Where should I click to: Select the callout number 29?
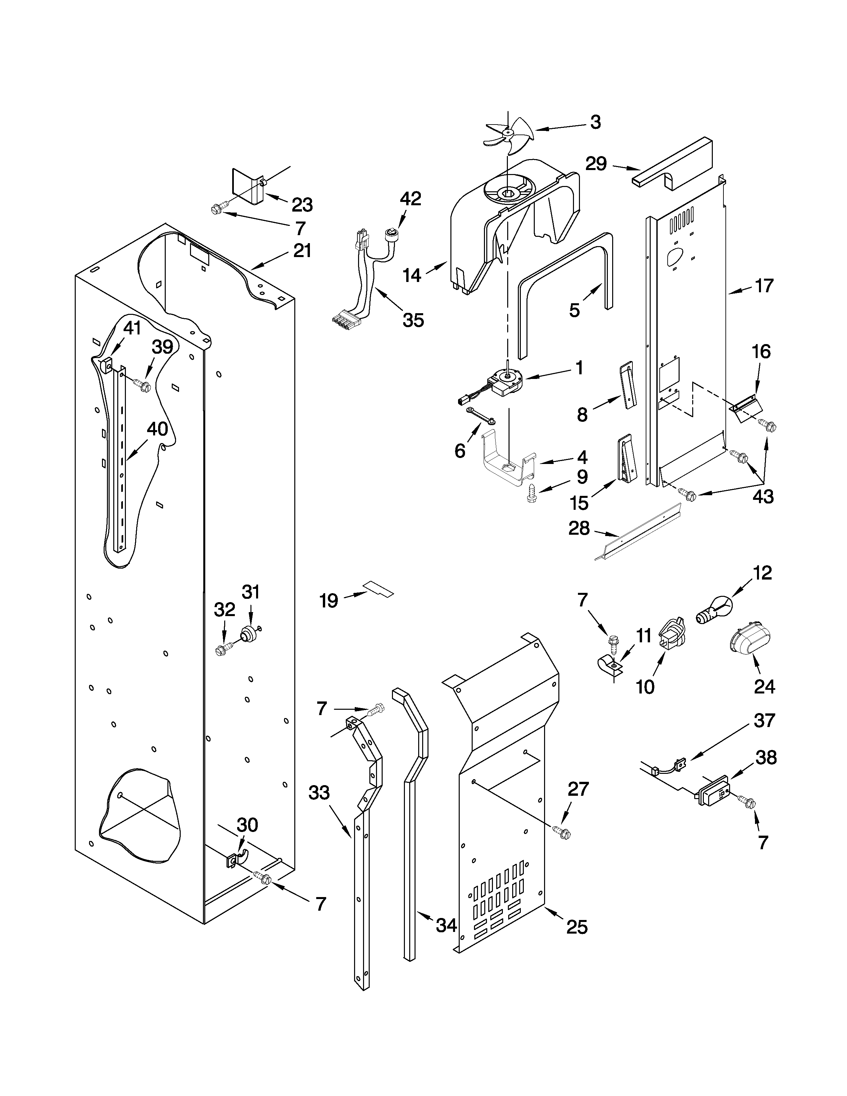pos(596,164)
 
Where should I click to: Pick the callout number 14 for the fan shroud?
pos(412,275)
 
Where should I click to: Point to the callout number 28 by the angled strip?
pos(579,528)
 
